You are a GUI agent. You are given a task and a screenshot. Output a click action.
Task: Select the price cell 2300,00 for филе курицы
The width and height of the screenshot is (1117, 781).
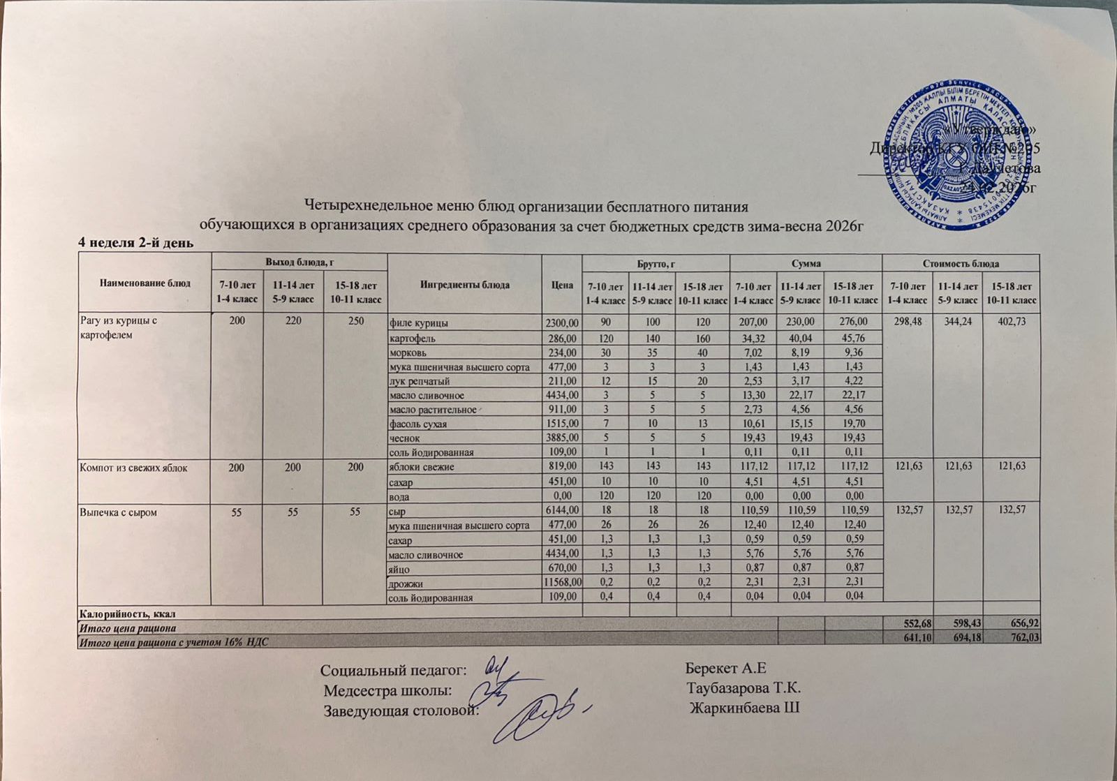pos(562,323)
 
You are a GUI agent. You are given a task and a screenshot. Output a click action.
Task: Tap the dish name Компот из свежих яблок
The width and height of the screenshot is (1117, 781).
pos(133,468)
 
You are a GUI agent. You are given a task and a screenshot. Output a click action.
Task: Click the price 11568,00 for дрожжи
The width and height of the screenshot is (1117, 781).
pos(563,583)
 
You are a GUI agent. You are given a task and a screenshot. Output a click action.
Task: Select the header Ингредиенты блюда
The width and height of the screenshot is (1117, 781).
pos(464,285)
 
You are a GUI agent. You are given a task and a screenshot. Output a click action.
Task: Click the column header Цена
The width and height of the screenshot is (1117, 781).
pos(561,285)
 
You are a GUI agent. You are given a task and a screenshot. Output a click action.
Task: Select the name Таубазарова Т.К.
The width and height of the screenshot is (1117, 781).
pos(743,690)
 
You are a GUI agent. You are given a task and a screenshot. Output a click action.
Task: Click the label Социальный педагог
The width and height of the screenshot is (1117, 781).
pos(393,671)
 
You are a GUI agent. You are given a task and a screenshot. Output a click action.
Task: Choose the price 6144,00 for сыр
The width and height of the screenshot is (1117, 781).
pos(562,512)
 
